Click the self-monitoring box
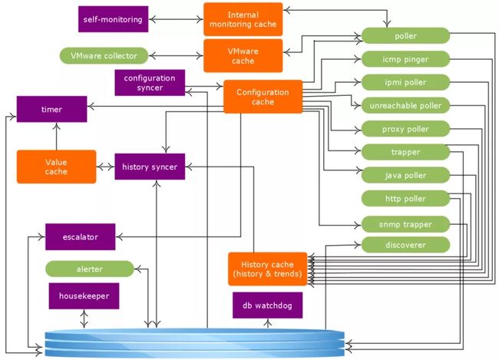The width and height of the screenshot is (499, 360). click(x=113, y=19)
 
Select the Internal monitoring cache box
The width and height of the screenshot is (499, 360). click(x=243, y=19)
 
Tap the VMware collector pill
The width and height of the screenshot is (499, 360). click(x=104, y=56)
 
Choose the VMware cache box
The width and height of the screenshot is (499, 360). click(x=243, y=56)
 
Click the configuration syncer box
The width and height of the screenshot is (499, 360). click(x=150, y=83)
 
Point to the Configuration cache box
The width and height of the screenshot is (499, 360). click(x=263, y=97)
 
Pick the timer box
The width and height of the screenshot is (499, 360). click(x=51, y=109)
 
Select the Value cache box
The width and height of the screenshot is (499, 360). click(x=56, y=167)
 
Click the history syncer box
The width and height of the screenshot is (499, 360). click(x=150, y=167)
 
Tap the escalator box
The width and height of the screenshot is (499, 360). click(x=80, y=237)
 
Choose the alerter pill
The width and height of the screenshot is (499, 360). click(x=90, y=269)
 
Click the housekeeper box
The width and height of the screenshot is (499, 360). click(x=84, y=296)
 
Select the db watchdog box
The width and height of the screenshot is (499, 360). click(x=268, y=306)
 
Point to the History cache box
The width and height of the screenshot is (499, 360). click(x=268, y=269)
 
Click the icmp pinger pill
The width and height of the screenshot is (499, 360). click(x=405, y=59)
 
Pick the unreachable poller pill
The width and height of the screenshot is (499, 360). click(x=405, y=106)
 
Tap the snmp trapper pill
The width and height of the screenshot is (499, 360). click(x=405, y=224)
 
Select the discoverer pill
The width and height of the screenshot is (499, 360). click(x=405, y=245)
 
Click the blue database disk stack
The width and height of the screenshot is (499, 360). click(x=195, y=343)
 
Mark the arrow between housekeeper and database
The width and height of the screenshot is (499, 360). click(x=84, y=319)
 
